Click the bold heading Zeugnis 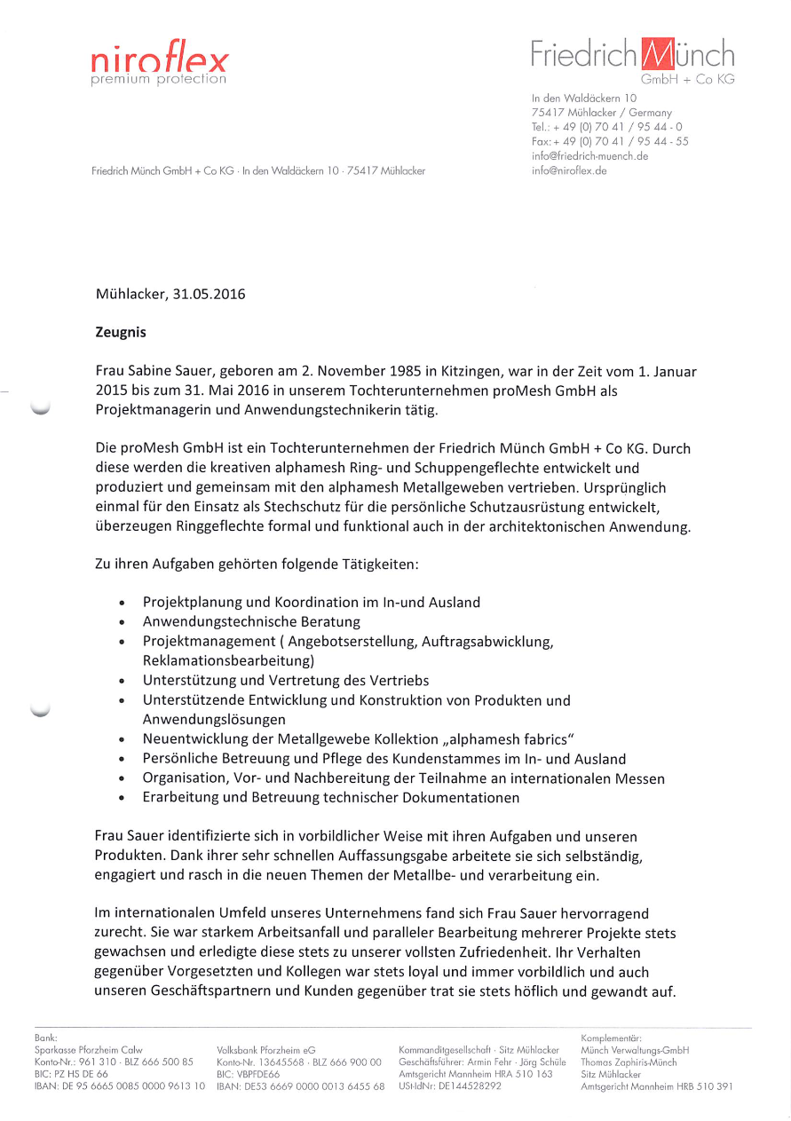point(121,333)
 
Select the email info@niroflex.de point(569,170)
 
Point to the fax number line point(609,141)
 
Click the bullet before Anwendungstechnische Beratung point(123,622)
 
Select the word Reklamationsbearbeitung point(227,660)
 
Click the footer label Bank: point(45,1037)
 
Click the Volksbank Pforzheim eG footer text point(266,1050)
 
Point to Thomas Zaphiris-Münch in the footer point(628,1062)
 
